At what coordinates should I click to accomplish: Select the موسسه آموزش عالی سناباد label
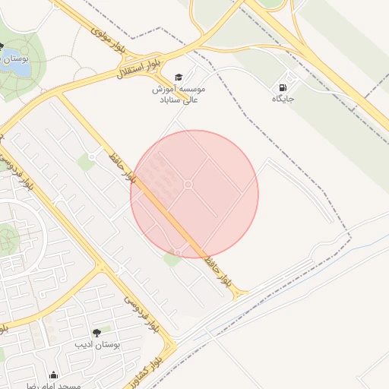179,94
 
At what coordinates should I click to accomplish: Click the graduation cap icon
179,77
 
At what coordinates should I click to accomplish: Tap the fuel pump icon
283,87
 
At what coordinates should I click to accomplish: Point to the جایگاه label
283,100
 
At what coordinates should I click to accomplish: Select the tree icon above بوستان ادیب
96,333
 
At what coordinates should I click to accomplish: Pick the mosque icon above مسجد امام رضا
53,375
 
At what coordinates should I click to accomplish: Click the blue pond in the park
18,68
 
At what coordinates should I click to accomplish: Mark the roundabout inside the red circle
188,185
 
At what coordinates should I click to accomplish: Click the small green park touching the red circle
172,260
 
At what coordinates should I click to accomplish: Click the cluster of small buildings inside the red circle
156,175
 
